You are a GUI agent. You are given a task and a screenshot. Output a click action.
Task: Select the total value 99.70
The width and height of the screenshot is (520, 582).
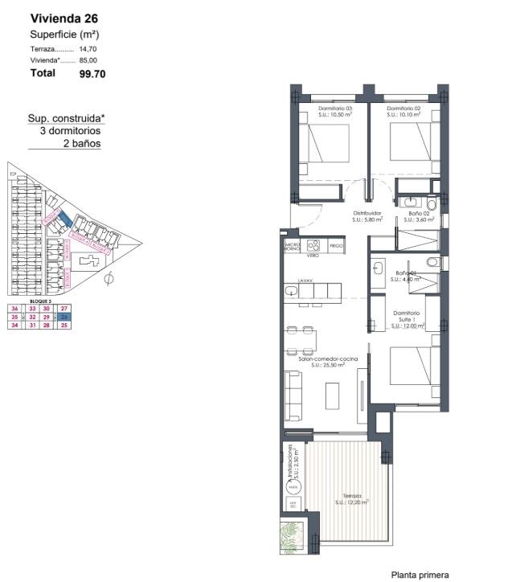(x=92, y=73)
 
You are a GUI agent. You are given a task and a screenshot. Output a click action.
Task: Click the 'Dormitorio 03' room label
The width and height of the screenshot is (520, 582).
(x=335, y=109)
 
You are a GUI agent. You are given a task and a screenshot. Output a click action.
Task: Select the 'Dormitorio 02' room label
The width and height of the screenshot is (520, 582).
(x=403, y=109)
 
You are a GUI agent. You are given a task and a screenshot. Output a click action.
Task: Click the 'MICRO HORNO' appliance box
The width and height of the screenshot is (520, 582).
(x=291, y=246)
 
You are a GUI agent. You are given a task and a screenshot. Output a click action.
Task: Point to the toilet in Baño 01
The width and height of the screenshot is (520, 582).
(x=432, y=261)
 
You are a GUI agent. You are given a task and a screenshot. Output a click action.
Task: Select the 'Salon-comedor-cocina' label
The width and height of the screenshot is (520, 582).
(x=321, y=359)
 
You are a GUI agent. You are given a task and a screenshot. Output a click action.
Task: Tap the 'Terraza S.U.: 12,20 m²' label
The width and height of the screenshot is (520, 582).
(x=350, y=499)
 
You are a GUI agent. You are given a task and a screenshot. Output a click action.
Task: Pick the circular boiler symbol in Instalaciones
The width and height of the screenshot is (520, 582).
(x=293, y=487)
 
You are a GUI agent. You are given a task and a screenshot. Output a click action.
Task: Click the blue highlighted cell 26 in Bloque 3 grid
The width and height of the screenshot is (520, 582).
(x=65, y=318)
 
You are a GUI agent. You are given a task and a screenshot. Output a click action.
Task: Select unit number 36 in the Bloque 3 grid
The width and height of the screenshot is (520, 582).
(x=14, y=309)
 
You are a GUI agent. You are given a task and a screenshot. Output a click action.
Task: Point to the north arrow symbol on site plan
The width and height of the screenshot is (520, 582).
(x=109, y=279)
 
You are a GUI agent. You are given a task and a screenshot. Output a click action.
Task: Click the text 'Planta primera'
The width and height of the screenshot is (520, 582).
(x=420, y=574)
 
